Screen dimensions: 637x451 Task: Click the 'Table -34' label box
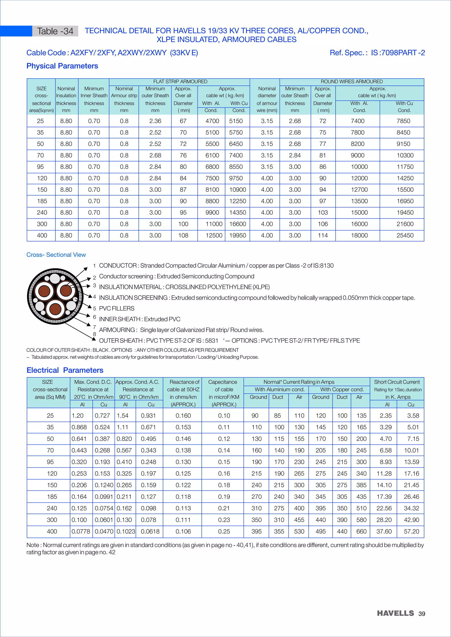[55, 31]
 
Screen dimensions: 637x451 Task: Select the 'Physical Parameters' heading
[62, 66]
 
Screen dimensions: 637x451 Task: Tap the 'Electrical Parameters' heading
[65, 370]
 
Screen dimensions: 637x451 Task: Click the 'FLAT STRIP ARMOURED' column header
[180, 82]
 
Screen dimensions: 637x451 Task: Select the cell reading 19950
[237, 235]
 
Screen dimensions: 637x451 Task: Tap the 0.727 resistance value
[102, 416]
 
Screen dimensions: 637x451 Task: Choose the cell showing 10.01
[411, 450]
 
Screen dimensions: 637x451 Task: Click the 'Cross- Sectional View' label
[56, 255]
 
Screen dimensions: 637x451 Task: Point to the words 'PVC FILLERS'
[117, 309]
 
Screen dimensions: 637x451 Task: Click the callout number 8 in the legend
[94, 334]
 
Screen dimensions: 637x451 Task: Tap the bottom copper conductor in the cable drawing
[55, 309]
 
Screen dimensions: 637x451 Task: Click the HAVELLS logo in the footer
[395, 613]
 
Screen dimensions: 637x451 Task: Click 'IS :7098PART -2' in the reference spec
[398, 53]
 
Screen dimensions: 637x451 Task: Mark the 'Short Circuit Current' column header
[397, 382]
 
